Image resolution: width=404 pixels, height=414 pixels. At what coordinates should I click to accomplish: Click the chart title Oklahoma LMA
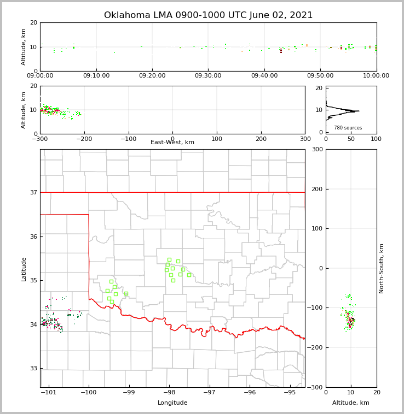pyautogui.click(x=208, y=15)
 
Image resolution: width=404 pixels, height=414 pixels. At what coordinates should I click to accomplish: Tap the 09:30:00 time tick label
pyautogui.click(x=209, y=76)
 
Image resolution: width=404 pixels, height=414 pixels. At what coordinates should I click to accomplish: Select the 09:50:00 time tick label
pyautogui.click(x=320, y=76)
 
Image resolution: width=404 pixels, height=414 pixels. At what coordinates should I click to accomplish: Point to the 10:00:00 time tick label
pyautogui.click(x=376, y=76)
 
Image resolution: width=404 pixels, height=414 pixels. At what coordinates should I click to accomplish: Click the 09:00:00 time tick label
pyautogui.click(x=41, y=76)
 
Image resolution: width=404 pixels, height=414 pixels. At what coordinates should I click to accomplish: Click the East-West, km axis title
pyautogui.click(x=172, y=143)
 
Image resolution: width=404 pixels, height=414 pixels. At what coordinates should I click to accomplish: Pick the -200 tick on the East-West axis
pyautogui.click(x=84, y=139)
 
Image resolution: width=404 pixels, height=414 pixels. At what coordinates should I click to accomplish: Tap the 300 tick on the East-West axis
pyautogui.click(x=305, y=139)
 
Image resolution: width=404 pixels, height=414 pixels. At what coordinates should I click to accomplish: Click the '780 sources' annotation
pyautogui.click(x=348, y=128)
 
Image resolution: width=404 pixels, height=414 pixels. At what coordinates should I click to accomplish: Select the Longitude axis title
pyautogui.click(x=172, y=403)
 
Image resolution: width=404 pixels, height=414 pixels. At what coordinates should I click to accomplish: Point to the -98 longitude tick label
pyautogui.click(x=169, y=393)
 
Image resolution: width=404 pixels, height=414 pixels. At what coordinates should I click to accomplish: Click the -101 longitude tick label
pyautogui.click(x=48, y=393)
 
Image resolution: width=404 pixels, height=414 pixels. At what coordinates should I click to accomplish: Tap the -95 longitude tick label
pyautogui.click(x=290, y=393)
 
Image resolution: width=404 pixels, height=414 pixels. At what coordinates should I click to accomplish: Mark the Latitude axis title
pyautogui.click(x=24, y=269)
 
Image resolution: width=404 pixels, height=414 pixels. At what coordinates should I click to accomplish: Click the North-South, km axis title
pyautogui.click(x=382, y=268)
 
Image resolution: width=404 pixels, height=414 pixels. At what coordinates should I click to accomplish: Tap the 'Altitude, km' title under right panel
pyautogui.click(x=351, y=403)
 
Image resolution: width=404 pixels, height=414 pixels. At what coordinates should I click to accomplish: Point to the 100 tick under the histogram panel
pyautogui.click(x=377, y=139)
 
